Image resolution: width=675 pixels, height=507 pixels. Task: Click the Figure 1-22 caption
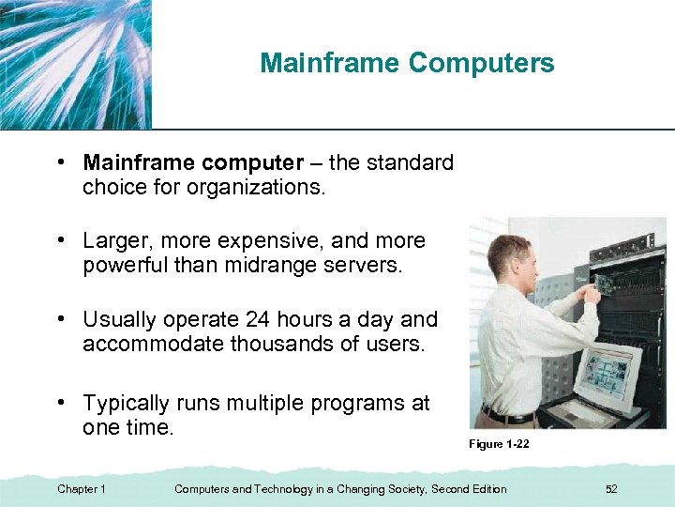tap(499, 444)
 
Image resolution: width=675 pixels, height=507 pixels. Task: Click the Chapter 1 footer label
tap(82, 489)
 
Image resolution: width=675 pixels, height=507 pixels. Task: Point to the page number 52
tap(612, 489)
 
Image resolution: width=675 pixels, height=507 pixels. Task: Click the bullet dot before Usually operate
tap(60, 319)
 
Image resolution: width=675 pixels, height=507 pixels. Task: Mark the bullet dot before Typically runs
tap(60, 403)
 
